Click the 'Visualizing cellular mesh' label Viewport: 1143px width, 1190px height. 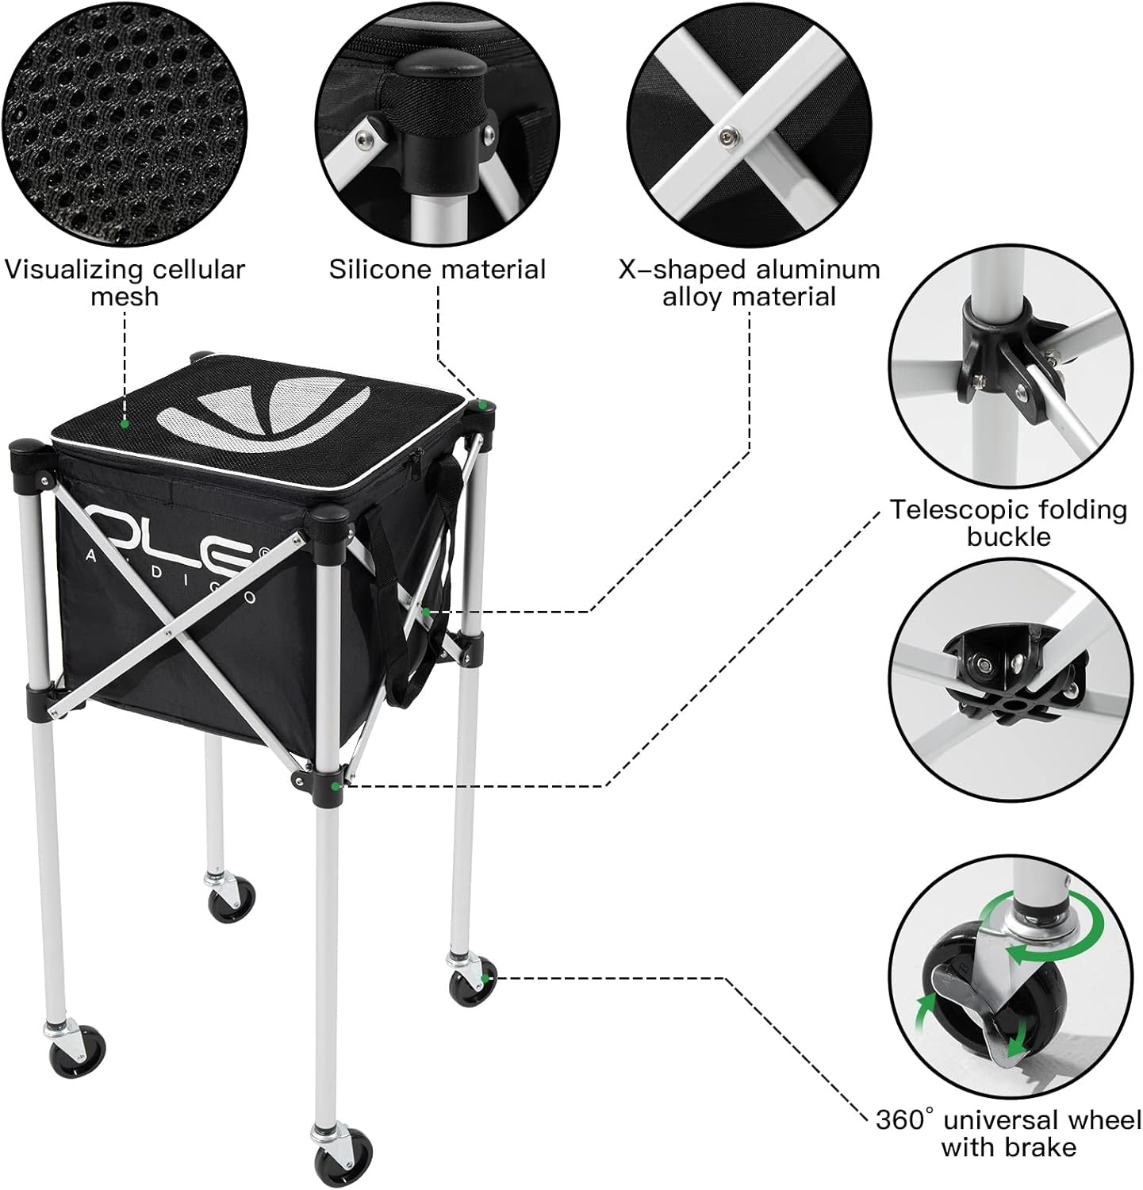coord(125,282)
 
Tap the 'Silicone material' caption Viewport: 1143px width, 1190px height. coord(438,270)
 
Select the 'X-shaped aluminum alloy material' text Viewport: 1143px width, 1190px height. coord(750,282)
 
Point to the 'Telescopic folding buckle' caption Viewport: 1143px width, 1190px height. coord(1008,522)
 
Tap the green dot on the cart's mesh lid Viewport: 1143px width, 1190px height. coord(125,424)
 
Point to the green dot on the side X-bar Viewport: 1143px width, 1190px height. coord(426,612)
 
